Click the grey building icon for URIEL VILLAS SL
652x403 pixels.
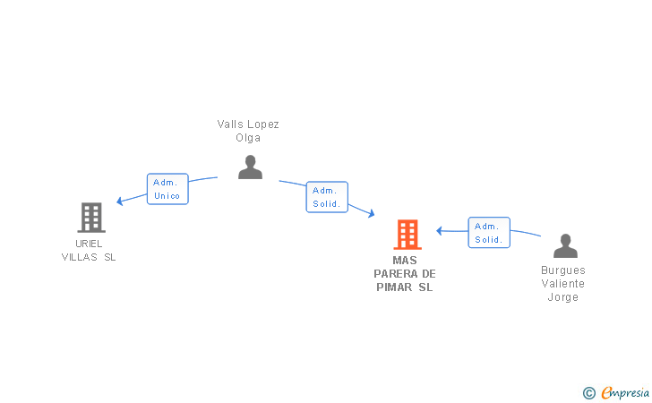pyautogui.click(x=91, y=217)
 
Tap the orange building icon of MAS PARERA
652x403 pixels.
pyautogui.click(x=407, y=235)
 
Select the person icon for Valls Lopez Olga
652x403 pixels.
pyautogui.click(x=250, y=167)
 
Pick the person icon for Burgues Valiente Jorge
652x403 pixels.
pyautogui.click(x=565, y=245)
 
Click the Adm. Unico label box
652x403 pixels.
pyautogui.click(x=167, y=189)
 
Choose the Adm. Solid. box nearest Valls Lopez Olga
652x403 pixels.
pyautogui.click(x=327, y=197)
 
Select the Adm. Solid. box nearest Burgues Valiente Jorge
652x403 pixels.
pyautogui.click(x=489, y=233)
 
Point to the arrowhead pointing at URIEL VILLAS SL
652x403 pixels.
pyautogui.click(x=120, y=201)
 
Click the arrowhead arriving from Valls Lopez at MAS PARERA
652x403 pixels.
pyautogui.click(x=370, y=215)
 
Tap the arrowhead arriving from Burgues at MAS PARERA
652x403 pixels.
pyautogui.click(x=440, y=231)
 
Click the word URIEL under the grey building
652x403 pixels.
pyautogui.click(x=89, y=244)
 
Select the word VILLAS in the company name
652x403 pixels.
pyautogui.click(x=80, y=258)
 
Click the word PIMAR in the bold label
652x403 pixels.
pyautogui.click(x=393, y=287)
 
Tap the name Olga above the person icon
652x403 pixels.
pyautogui.click(x=248, y=138)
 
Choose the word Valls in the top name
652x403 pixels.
pyautogui.click(x=229, y=124)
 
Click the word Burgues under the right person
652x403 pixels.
pyautogui.click(x=563, y=270)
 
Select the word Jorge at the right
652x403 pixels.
pyautogui.click(x=563, y=297)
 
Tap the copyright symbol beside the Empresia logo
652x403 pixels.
pyautogui.click(x=588, y=393)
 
